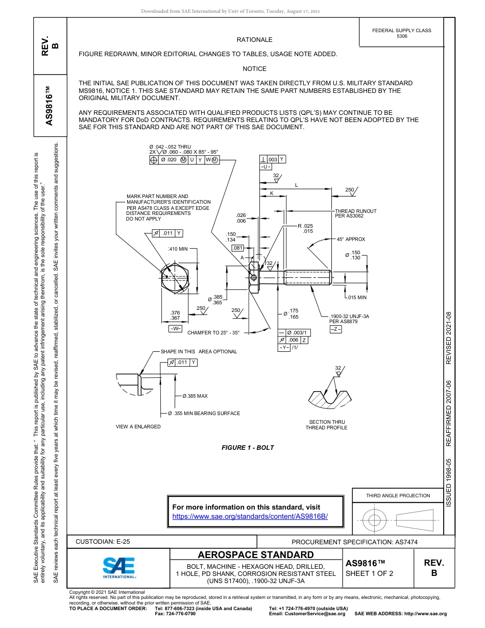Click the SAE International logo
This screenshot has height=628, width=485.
119,567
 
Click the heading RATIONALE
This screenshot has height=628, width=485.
254,40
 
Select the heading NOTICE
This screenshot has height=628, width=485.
254,69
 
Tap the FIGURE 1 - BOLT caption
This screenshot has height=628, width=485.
248,448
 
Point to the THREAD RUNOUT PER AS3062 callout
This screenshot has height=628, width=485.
355,214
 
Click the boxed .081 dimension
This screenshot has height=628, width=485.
238,248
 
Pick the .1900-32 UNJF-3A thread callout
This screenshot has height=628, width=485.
349,319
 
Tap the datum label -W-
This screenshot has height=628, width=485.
175,328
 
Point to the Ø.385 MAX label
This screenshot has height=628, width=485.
195,396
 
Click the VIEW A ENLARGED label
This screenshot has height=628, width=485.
138,426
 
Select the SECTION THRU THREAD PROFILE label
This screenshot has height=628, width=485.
326,425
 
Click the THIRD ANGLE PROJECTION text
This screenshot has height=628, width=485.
398,495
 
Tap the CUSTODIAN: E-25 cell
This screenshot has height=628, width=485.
106,542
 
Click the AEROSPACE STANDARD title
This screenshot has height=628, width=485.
256,555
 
